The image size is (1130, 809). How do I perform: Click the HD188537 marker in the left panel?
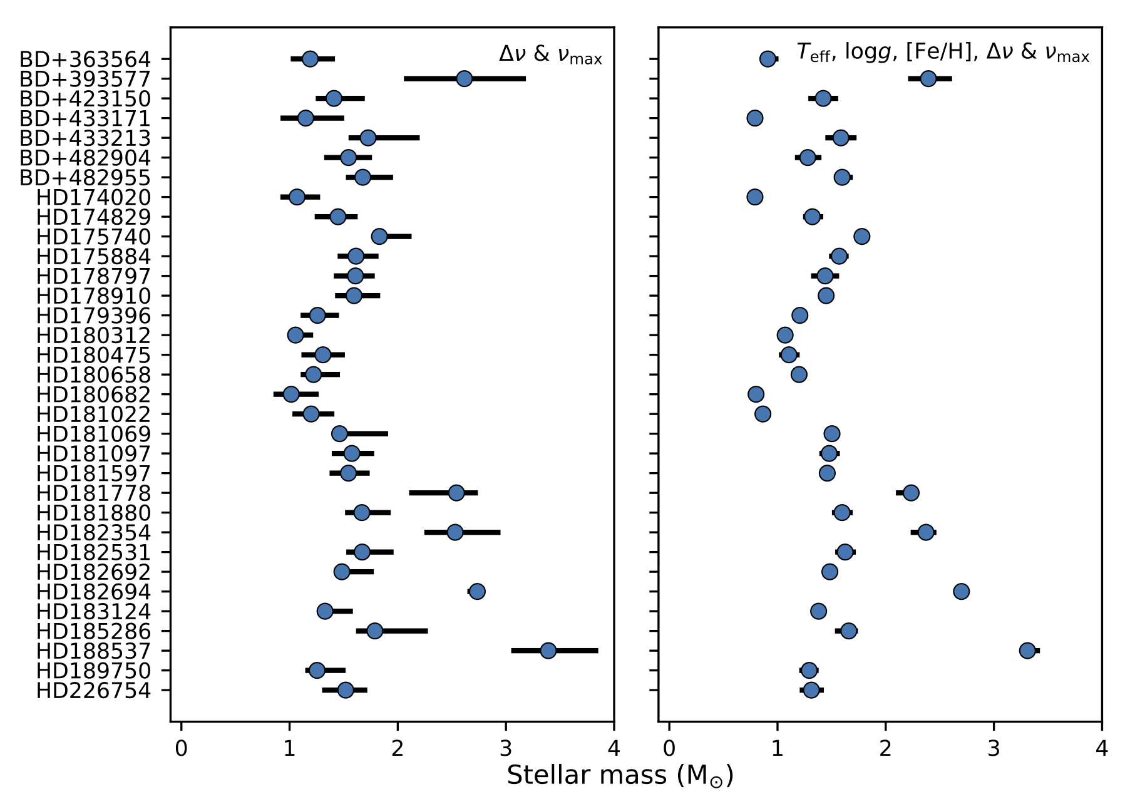tap(548, 651)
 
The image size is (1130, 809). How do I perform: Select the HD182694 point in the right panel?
tap(961, 591)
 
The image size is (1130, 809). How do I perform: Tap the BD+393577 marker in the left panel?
tap(464, 78)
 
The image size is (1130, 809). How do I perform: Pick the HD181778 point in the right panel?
tap(911, 493)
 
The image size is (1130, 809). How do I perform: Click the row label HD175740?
tap(94, 237)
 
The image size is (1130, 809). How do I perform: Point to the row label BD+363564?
tap(85, 59)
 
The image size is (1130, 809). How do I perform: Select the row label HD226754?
tap(94, 691)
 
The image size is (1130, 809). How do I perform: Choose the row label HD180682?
tap(94, 394)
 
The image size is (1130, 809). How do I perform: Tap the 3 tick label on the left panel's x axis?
tap(506, 748)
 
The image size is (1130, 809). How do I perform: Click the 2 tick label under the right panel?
tap(885, 748)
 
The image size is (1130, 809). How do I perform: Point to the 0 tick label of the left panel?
tap(181, 748)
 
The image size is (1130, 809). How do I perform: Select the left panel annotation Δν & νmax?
tap(550, 55)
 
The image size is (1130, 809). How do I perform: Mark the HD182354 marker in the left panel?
tap(455, 532)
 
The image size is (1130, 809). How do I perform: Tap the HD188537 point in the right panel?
tap(1027, 651)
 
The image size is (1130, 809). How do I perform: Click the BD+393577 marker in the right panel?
tap(928, 78)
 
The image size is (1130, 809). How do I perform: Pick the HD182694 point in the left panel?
tap(477, 591)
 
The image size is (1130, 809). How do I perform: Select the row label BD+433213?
tap(85, 138)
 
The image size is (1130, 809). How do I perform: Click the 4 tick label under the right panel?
tap(1101, 748)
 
